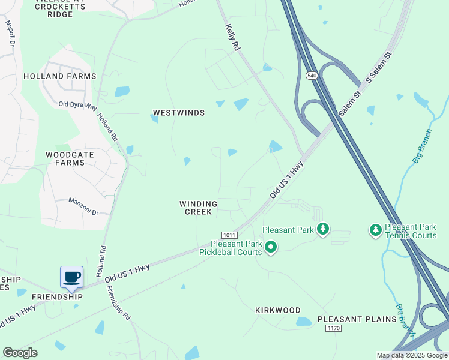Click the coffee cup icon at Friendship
[x=71, y=277]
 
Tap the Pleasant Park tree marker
[x=323, y=229]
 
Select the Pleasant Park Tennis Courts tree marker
[x=375, y=229]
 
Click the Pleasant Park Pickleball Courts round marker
[x=271, y=247]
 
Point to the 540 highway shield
[x=311, y=76]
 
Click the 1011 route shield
[x=229, y=235]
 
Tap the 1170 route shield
[x=334, y=328]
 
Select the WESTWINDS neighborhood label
[x=179, y=113]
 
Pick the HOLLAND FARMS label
[x=59, y=76]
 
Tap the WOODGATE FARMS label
[x=70, y=158]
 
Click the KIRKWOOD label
[x=277, y=310]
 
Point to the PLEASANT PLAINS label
[x=357, y=319]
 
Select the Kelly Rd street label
[x=232, y=37]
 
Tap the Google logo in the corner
[x=20, y=353]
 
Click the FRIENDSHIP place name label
[x=57, y=297]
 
